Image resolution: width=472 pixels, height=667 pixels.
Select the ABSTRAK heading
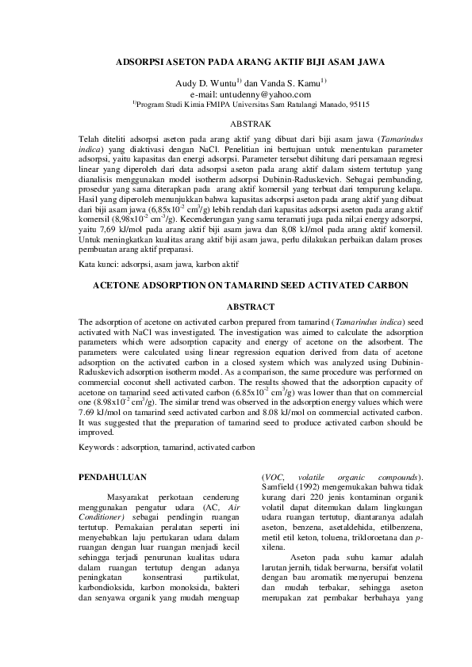pyautogui.click(x=250, y=124)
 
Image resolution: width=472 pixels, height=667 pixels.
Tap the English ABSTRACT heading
pyautogui.click(x=250, y=306)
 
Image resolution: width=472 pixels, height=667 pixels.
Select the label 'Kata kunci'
pyautogui.click(x=98, y=262)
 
